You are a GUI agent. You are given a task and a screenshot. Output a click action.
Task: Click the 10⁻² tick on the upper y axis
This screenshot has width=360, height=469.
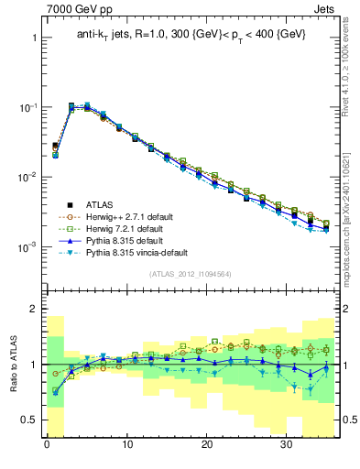27,177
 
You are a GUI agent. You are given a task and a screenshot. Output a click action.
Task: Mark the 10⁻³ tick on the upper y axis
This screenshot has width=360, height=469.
27,246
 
